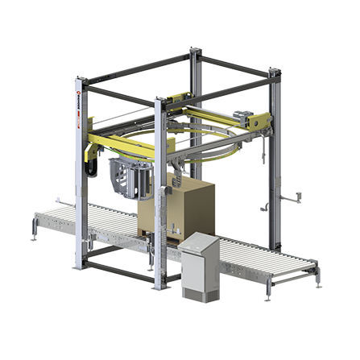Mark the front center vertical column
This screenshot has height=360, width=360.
click(x=160, y=193)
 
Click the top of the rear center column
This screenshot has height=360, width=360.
click(x=194, y=53)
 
